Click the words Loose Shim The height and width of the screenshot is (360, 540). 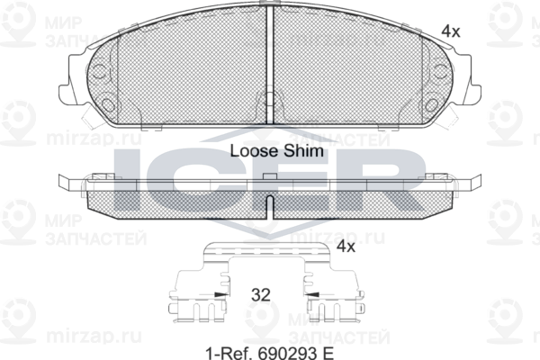(277, 151)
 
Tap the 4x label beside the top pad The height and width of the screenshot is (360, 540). (451, 31)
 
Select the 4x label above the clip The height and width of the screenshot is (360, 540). (346, 247)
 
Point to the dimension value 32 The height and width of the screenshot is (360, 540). (261, 295)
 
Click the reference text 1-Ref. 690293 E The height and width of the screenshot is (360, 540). (270, 353)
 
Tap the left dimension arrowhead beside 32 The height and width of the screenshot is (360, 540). (220, 294)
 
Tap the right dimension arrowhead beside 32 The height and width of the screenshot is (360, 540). (312, 294)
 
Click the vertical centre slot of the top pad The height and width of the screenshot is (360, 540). (270, 66)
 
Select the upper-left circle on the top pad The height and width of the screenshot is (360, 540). (100, 71)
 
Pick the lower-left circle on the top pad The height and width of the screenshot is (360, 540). (109, 104)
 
